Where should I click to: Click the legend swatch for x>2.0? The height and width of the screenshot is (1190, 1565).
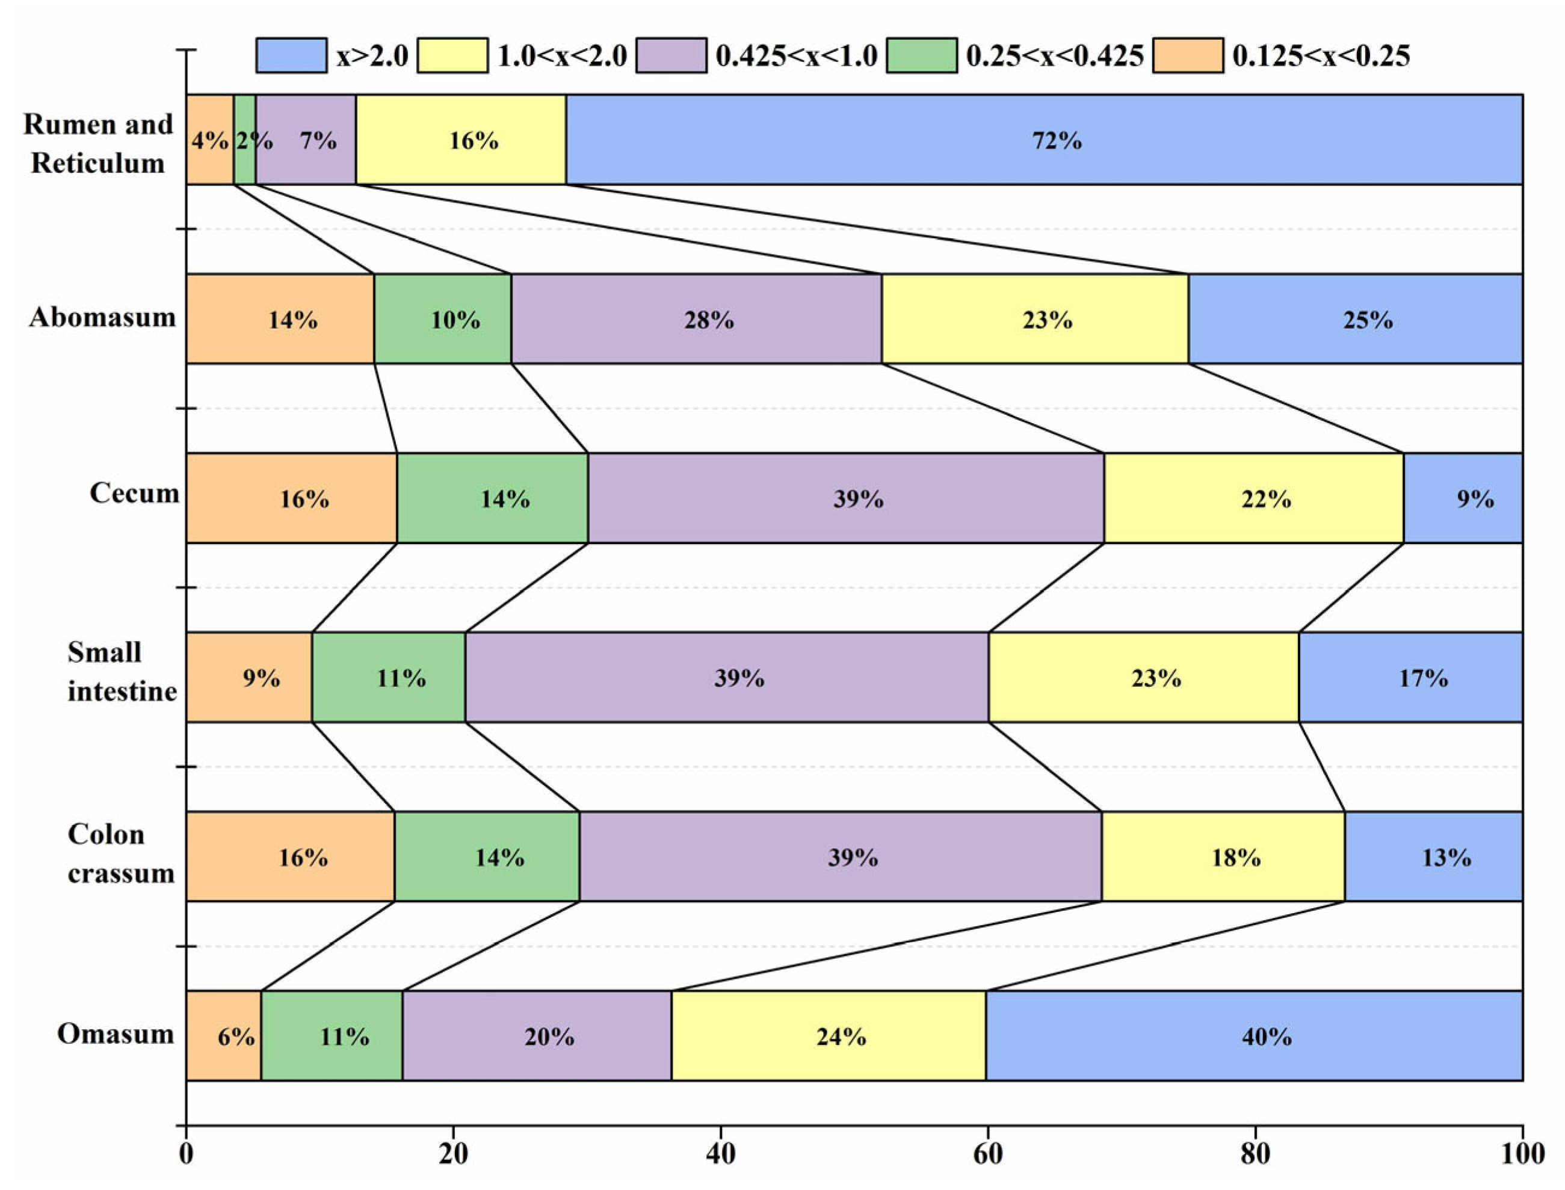291,55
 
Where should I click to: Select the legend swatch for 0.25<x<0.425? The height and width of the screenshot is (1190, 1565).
921,55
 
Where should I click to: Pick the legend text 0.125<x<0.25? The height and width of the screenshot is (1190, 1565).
1321,55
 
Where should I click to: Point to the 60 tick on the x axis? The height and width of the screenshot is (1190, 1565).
988,1125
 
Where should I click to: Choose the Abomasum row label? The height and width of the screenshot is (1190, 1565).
103,317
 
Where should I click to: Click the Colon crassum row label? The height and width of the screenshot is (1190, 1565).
120,854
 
